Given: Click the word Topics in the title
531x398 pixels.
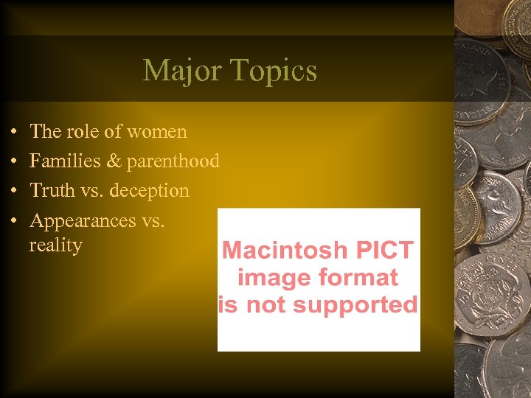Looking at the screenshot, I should click(274, 71).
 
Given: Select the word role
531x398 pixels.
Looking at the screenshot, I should click(86, 132).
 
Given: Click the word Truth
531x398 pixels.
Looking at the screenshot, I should click(51, 190).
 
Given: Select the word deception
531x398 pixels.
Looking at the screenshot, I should click(150, 191).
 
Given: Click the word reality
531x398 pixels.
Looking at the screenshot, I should click(55, 245).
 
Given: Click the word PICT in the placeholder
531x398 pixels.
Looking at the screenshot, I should click(385, 251).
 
